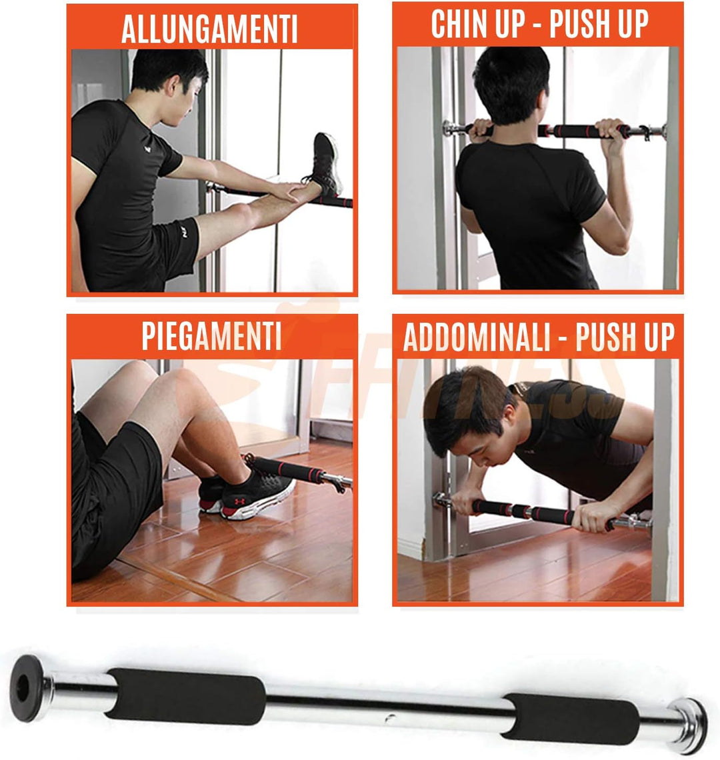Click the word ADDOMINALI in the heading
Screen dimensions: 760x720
point(477,337)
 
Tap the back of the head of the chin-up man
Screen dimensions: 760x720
point(511,83)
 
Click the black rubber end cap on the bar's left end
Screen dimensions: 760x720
point(27,687)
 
